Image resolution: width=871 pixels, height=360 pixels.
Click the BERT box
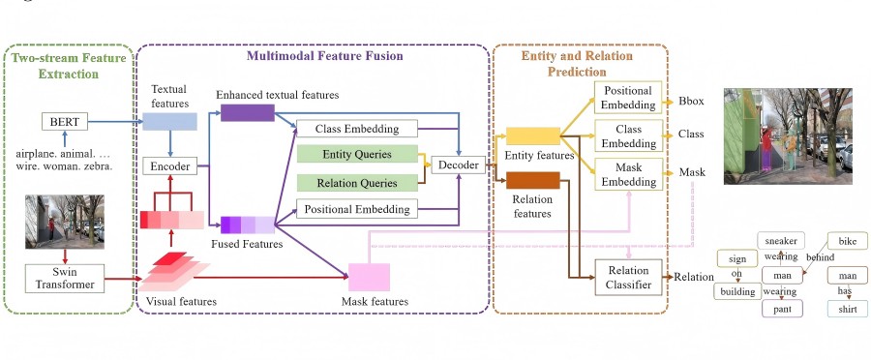(x=65, y=121)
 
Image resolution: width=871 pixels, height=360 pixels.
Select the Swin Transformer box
(x=65, y=279)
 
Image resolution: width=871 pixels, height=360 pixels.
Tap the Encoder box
(x=170, y=166)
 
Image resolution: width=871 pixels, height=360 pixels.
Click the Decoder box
(x=459, y=165)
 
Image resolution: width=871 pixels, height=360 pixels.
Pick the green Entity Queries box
(x=357, y=154)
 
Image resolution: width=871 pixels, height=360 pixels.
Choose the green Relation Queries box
(x=357, y=183)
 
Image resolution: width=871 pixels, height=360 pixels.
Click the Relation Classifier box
(x=628, y=278)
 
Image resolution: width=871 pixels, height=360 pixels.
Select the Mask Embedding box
(x=628, y=174)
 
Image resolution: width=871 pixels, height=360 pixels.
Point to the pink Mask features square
(x=369, y=277)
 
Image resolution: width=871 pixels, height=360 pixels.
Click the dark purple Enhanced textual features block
(x=247, y=113)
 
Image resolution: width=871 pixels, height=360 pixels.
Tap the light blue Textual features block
(x=170, y=121)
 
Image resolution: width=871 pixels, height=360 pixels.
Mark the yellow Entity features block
(x=532, y=136)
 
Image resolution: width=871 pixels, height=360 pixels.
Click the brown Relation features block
(x=532, y=181)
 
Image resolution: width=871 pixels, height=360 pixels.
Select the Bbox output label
(x=691, y=101)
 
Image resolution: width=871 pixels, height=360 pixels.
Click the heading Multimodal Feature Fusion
(x=325, y=56)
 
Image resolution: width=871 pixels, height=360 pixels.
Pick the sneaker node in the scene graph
(x=781, y=241)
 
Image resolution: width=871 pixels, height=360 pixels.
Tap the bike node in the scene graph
(x=848, y=241)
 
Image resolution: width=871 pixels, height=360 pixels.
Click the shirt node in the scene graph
(x=848, y=310)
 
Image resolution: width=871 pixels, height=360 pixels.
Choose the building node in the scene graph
(x=737, y=291)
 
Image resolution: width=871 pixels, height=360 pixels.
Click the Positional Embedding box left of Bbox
(x=628, y=98)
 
